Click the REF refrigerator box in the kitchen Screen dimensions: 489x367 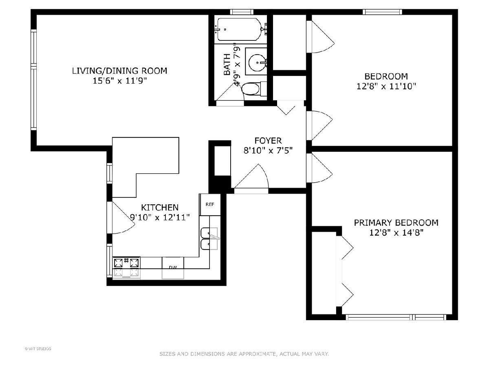[x=210, y=204]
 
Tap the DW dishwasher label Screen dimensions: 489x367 [x=173, y=267]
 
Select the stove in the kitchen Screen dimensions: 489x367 [x=127, y=268]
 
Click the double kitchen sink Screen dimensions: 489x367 [x=209, y=239]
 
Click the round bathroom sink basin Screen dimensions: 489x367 [x=257, y=62]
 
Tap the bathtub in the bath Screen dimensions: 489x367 [x=240, y=29]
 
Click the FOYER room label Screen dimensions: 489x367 [x=268, y=141]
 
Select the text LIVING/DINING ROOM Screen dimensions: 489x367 [x=120, y=71]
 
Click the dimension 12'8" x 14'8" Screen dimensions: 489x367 [x=396, y=232]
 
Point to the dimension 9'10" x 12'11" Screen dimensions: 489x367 [x=160, y=217]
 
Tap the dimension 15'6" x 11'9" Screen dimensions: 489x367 [x=120, y=81]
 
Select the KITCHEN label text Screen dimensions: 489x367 [x=160, y=208]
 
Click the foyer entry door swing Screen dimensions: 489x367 [x=251, y=177]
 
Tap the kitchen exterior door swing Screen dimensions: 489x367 [x=123, y=217]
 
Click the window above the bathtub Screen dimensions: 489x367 [x=242, y=12]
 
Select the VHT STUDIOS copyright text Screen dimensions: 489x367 [x=38, y=349]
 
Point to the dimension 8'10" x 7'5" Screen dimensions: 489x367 [x=268, y=150]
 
